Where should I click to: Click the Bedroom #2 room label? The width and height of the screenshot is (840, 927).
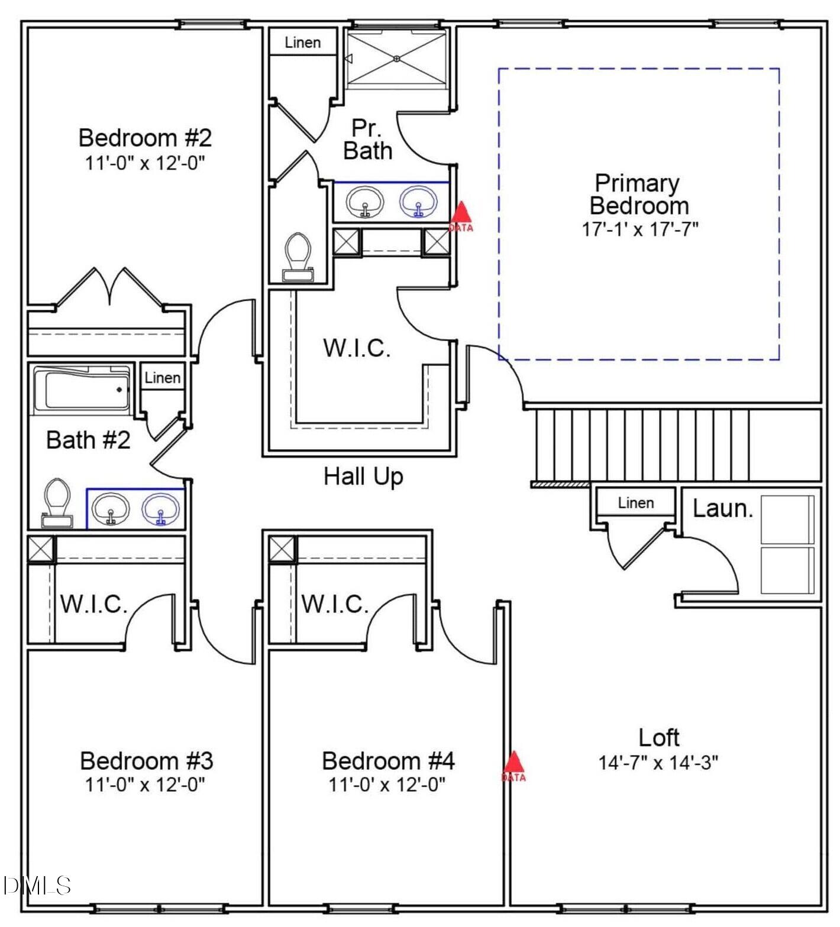(x=145, y=138)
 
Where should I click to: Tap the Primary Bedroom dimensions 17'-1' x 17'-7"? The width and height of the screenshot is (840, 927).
(x=640, y=229)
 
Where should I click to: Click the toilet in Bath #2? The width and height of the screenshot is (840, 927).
(x=57, y=503)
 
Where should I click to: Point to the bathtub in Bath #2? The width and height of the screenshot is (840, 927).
(x=83, y=389)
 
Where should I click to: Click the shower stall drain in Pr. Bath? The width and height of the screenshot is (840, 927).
(x=397, y=59)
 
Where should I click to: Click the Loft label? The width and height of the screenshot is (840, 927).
(x=658, y=737)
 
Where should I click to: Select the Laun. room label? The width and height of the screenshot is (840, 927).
(x=722, y=508)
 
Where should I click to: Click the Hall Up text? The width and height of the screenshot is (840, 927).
(x=363, y=476)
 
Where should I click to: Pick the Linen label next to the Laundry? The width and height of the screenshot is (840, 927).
(x=635, y=503)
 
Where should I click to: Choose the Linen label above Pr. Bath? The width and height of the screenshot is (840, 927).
(x=302, y=43)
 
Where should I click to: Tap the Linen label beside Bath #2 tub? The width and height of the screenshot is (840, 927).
(x=162, y=378)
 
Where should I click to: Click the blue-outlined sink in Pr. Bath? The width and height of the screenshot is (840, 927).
(x=419, y=202)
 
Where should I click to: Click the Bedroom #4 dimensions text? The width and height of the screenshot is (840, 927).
(x=387, y=785)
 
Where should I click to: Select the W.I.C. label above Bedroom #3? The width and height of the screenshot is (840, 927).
(x=93, y=604)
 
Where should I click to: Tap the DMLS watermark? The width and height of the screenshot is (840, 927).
(x=37, y=885)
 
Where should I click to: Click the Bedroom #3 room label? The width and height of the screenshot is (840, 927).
(x=146, y=760)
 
